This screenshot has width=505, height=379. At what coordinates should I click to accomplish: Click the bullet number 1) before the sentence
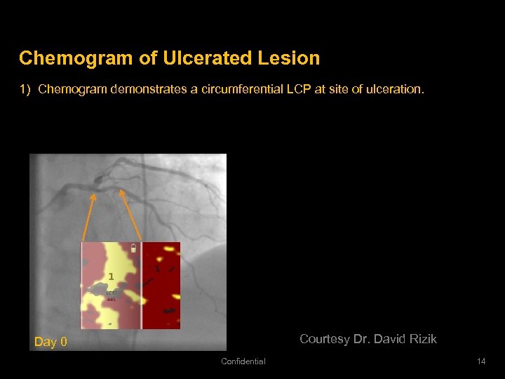[25, 90]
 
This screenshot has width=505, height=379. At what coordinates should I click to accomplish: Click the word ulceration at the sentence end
[398, 90]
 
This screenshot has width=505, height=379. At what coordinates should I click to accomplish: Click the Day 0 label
[51, 343]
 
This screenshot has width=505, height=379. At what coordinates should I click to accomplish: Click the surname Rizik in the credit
[420, 339]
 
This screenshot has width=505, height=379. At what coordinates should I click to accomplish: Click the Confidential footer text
[243, 361]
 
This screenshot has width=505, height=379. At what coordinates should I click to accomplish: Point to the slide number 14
[480, 361]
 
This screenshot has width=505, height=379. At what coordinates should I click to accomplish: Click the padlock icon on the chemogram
[133, 248]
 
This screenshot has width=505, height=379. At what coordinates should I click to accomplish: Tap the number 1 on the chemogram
[110, 277]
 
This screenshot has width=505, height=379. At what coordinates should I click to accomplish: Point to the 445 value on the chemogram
[111, 299]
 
